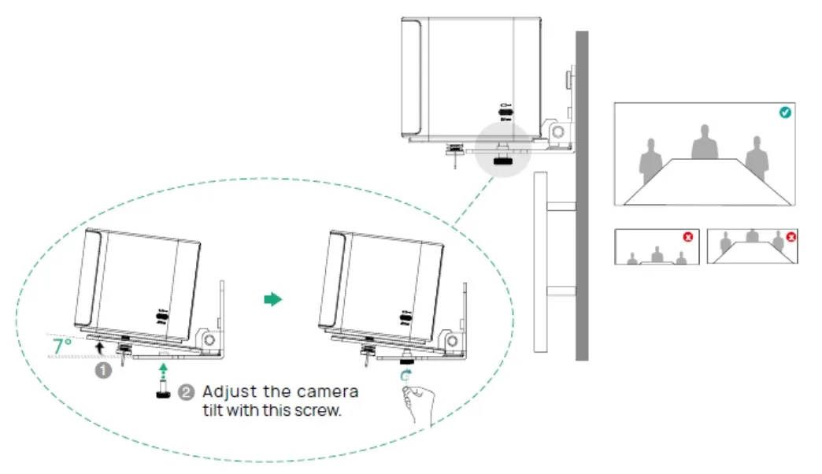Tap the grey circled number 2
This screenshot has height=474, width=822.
[186, 392]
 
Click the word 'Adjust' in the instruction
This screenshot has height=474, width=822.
[228, 392]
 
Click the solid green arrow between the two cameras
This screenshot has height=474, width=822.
[272, 300]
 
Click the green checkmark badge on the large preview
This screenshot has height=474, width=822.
[784, 113]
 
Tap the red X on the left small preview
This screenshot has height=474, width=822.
[687, 236]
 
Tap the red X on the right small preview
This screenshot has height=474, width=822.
[791, 236]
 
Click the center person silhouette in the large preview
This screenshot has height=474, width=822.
[705, 143]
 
